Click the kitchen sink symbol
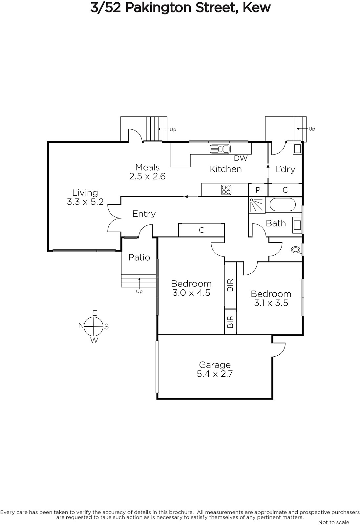coord(220,149)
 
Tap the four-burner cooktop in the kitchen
coord(226,190)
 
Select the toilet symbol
coord(296,250)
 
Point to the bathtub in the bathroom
coord(283,205)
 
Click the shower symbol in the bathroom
coord(257,205)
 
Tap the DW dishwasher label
coord(241,158)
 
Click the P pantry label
coord(258,190)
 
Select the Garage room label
coord(215,365)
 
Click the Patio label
coord(139,257)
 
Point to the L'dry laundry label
coord(285,169)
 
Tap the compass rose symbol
coord(94,326)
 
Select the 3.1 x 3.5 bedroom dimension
coord(271,303)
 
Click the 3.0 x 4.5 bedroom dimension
coord(191,293)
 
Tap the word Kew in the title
coord(257,8)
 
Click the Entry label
coord(144,214)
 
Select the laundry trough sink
coord(297,149)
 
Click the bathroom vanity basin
coord(297,225)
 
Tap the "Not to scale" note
coord(333,522)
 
